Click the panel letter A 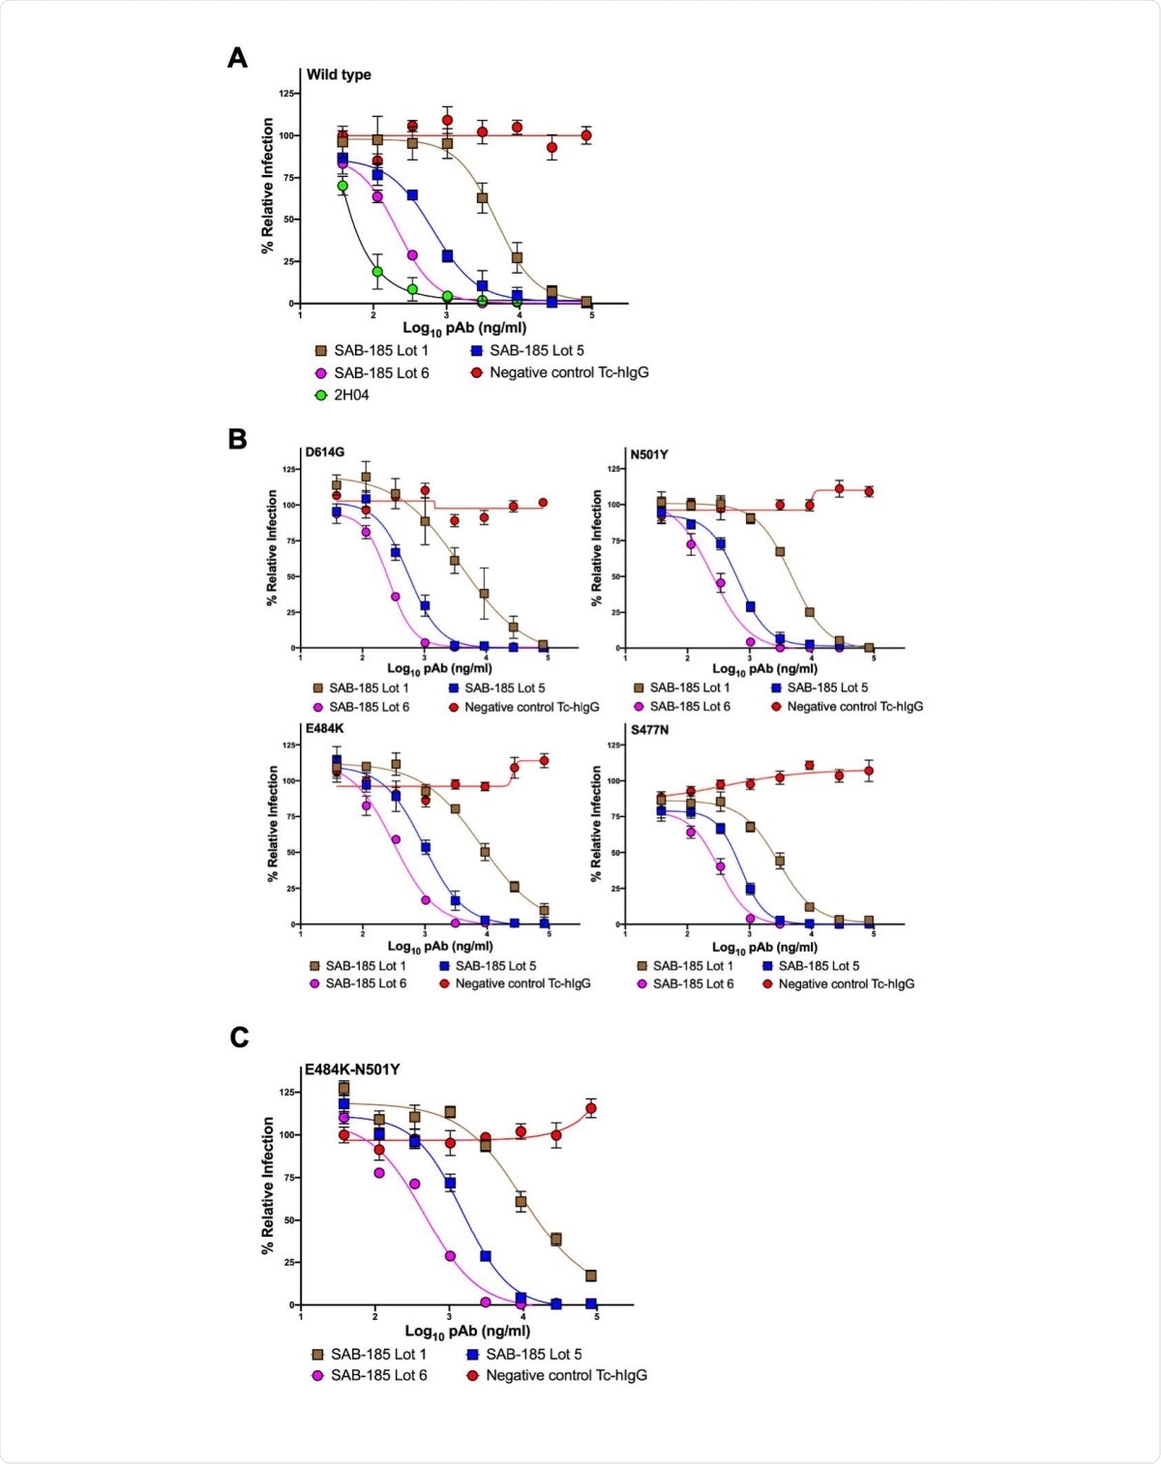click(237, 59)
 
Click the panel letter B click(237, 439)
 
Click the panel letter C click(239, 1038)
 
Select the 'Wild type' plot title click(339, 74)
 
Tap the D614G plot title click(325, 452)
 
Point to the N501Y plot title click(649, 454)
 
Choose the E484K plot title click(325, 728)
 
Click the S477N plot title click(650, 729)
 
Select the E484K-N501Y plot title click(352, 1069)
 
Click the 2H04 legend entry click(350, 395)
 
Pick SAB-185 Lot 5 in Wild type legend click(536, 350)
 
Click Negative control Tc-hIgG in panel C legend click(566, 1375)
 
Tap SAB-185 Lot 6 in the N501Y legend click(690, 707)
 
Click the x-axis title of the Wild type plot click(464, 328)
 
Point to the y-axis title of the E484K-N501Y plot click(268, 1186)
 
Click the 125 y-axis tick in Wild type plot click(287, 94)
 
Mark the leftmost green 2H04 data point click(342, 186)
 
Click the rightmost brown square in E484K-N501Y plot click(591, 1276)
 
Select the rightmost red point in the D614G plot click(543, 503)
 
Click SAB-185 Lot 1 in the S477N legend click(693, 965)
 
